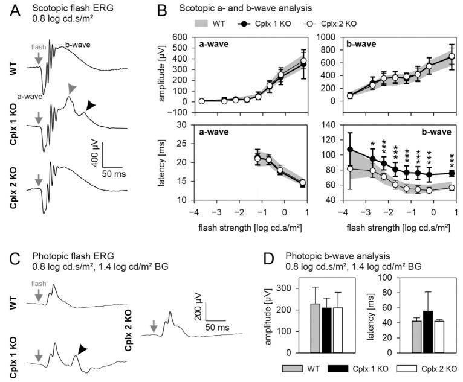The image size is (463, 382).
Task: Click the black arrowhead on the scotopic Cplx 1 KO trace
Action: tap(90, 106)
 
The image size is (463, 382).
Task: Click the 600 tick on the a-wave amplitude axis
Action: tap(181, 37)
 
